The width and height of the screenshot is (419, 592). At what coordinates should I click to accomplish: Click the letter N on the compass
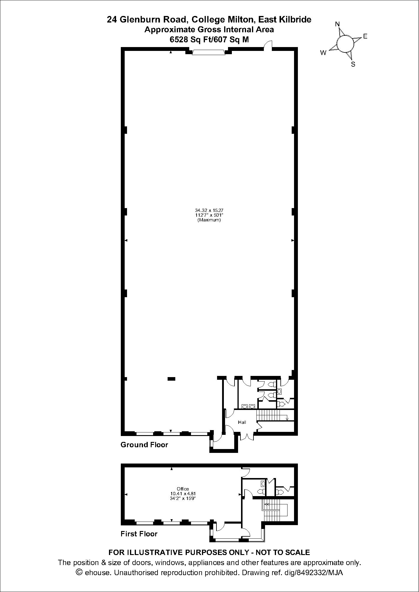pos(337,24)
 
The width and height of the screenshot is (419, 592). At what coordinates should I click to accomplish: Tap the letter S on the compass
pos(353,64)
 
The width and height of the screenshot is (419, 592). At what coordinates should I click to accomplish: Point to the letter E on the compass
pos(365,36)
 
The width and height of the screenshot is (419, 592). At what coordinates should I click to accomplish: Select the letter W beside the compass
pos(323,53)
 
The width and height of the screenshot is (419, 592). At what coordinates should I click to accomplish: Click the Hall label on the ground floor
pos(242,422)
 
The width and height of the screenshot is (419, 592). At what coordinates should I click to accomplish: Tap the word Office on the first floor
pos(183,489)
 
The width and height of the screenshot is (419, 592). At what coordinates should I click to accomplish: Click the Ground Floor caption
pos(144,445)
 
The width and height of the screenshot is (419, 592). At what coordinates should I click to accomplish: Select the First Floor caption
pos(139,534)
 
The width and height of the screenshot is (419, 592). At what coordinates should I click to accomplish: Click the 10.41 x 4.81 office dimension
pos(183,494)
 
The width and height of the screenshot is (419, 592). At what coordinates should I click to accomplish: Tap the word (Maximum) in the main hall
pos(209,220)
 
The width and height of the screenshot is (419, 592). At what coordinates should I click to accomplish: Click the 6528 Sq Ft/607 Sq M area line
pos(209,40)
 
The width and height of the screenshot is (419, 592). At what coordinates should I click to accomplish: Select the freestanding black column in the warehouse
pos(171,379)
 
